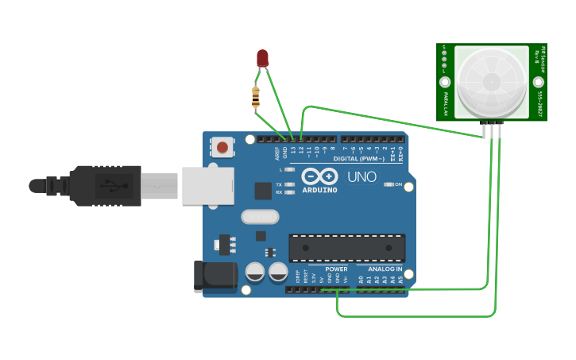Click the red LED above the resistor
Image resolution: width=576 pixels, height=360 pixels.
pos(263,58)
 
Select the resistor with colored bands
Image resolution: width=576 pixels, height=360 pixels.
pos(255,98)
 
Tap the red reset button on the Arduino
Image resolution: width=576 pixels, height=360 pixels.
pos(222,147)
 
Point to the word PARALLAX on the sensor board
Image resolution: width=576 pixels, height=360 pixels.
pos(446,103)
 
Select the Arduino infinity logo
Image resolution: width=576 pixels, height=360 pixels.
pos(319,176)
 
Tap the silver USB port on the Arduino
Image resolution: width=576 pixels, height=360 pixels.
pos(207,185)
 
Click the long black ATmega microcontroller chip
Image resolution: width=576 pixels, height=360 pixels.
pos(346,247)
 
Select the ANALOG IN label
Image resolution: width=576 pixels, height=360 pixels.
pos(385,269)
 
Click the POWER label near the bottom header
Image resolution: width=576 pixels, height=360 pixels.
pos(336,269)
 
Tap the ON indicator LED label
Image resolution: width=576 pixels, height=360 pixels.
pos(398,184)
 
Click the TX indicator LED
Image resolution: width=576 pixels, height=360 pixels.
pos(289,184)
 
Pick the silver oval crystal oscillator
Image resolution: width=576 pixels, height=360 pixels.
pos(261,216)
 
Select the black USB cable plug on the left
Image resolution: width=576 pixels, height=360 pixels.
pos(87,186)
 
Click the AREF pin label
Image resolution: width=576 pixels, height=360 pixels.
pos(277,151)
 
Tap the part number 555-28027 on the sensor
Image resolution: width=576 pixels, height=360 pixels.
pos(539,103)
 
